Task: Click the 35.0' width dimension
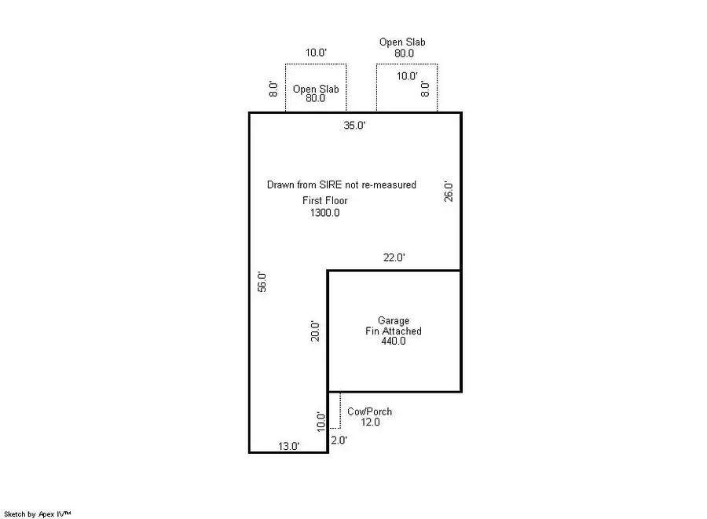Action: coord(354,125)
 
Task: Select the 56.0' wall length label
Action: coord(262,282)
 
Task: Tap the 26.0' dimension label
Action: coord(448,192)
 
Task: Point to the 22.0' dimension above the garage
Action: coord(394,258)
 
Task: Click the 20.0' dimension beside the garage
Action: coord(315,331)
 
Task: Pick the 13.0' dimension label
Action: coord(289,446)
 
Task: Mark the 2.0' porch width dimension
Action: coord(339,440)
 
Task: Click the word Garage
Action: coord(394,320)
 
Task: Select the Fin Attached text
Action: coord(394,331)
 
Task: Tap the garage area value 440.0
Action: coord(393,342)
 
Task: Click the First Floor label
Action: coord(325,201)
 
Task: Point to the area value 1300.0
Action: coord(325,213)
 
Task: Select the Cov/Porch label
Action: coord(369,411)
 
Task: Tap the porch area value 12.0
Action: coord(370,422)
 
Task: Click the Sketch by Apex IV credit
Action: coord(38,513)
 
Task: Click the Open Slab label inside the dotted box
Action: coord(316,89)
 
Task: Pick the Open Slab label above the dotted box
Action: coord(403,42)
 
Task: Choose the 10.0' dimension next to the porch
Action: coord(321,422)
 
